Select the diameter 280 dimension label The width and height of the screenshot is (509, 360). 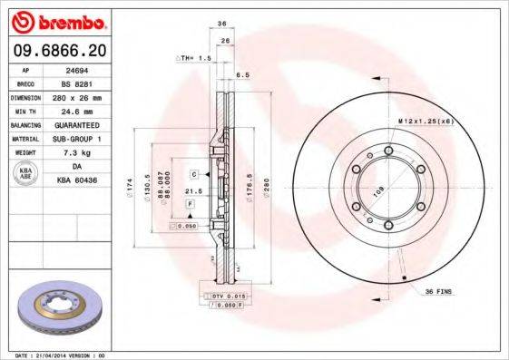[x=267, y=186]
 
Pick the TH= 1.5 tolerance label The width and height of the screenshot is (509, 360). [x=193, y=57]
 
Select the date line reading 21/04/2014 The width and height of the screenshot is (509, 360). [x=54, y=354]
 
